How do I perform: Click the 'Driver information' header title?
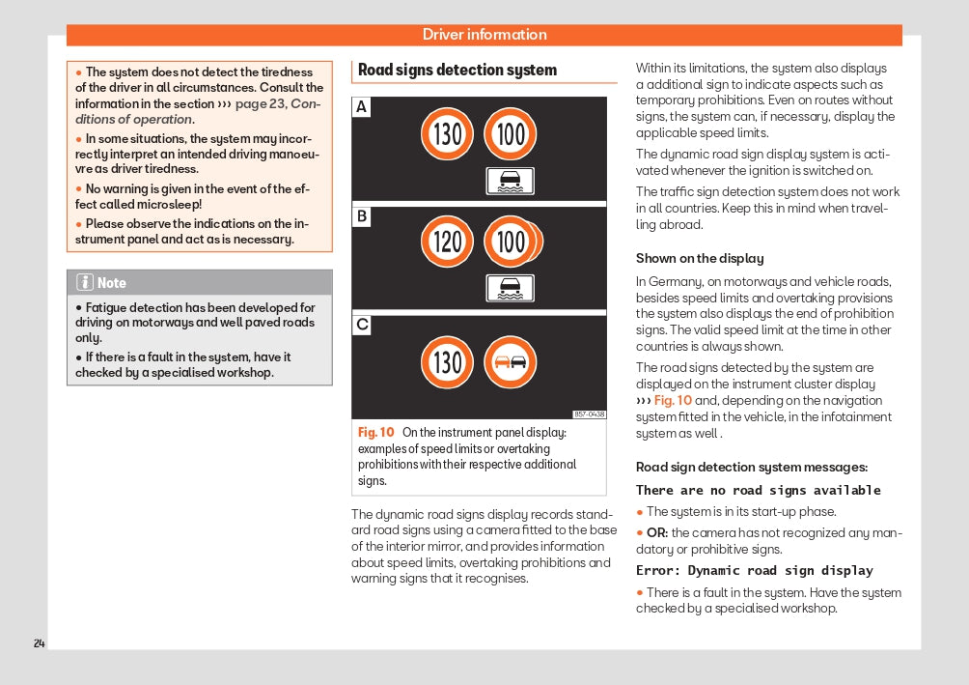[484, 35]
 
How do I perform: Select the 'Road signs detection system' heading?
[457, 70]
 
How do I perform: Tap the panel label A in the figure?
[361, 107]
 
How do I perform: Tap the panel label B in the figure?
[361, 216]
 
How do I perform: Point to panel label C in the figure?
[361, 326]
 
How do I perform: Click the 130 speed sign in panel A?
[447, 134]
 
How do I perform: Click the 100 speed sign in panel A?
[510, 134]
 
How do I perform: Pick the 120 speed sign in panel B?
[447, 242]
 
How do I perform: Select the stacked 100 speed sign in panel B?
[512, 242]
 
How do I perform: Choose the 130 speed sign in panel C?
[447, 362]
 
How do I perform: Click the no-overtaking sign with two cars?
[510, 362]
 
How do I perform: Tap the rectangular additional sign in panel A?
[510, 181]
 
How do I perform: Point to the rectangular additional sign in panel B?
[510, 288]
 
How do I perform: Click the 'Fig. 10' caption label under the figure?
[376, 433]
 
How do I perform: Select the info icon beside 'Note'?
[85, 282]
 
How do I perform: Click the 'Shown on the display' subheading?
[699, 258]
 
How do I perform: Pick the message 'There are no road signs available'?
[758, 490]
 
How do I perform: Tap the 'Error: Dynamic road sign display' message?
[754, 570]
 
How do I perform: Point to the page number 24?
[39, 643]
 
